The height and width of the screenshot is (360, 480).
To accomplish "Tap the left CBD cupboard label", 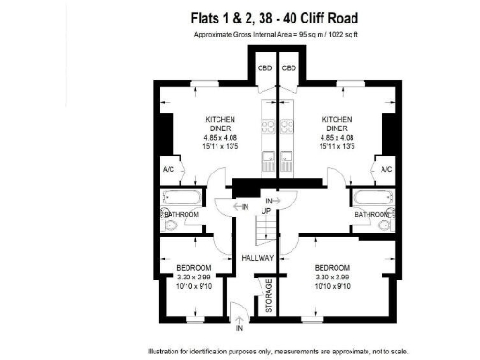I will click(x=264, y=67).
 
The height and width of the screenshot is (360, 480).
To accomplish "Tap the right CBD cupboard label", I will click(x=290, y=67).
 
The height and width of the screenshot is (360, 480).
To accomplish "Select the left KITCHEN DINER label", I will click(x=220, y=125).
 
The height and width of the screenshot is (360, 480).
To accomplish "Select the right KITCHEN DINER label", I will click(x=337, y=125).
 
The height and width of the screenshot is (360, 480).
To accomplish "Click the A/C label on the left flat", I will click(x=169, y=169).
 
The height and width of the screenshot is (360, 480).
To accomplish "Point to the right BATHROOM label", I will click(x=371, y=215).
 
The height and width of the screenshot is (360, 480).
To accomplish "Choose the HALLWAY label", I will click(x=256, y=257).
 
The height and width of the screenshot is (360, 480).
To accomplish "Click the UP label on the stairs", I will click(x=266, y=212).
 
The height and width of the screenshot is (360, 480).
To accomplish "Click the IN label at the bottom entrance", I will click(x=240, y=329).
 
